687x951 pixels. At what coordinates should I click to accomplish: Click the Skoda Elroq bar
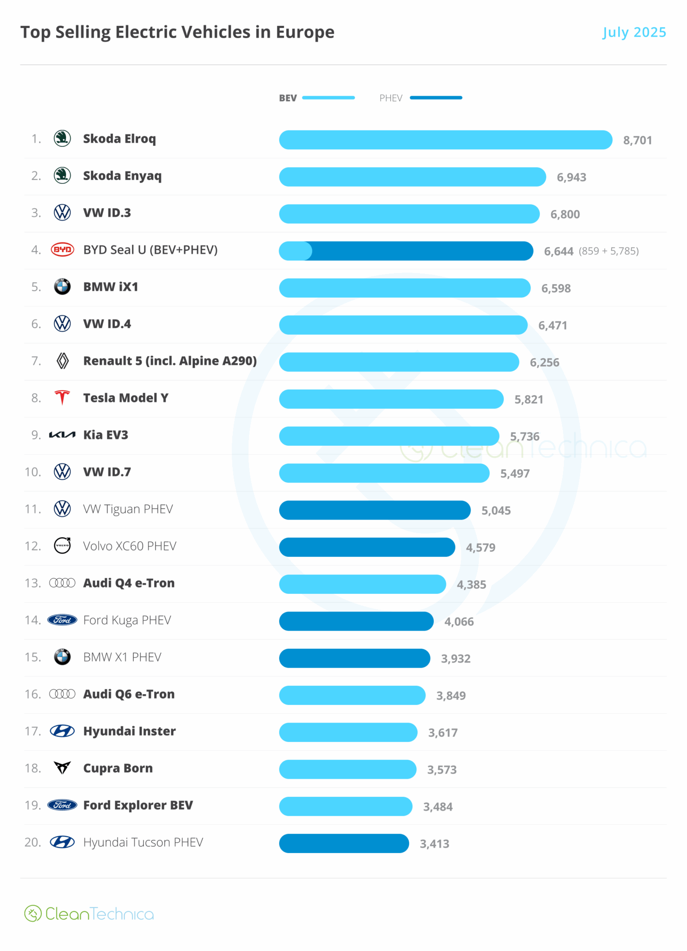[445, 140]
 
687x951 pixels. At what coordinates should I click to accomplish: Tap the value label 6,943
[571, 177]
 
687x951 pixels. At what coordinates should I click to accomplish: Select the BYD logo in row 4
[62, 250]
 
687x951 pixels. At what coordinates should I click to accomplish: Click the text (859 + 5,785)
[608, 251]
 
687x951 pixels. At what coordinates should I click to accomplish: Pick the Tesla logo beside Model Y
[62, 398]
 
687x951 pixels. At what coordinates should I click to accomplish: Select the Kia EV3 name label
[105, 435]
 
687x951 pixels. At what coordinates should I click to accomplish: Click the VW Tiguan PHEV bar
[374, 510]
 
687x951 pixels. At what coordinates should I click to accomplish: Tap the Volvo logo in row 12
[62, 546]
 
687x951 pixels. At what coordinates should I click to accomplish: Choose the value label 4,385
[471, 585]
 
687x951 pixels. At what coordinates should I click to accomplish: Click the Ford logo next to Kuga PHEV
[62, 620]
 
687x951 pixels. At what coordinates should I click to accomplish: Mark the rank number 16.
[33, 694]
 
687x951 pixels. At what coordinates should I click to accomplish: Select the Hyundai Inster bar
[348, 732]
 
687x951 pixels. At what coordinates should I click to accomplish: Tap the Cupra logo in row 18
[62, 768]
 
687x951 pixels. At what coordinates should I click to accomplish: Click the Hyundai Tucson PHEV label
[143, 842]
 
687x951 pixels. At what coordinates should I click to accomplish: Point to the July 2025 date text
[634, 32]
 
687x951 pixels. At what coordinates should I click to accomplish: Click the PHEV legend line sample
[436, 98]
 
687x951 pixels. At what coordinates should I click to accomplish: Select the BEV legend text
[288, 98]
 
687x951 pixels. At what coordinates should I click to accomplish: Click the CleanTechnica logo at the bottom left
[89, 914]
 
